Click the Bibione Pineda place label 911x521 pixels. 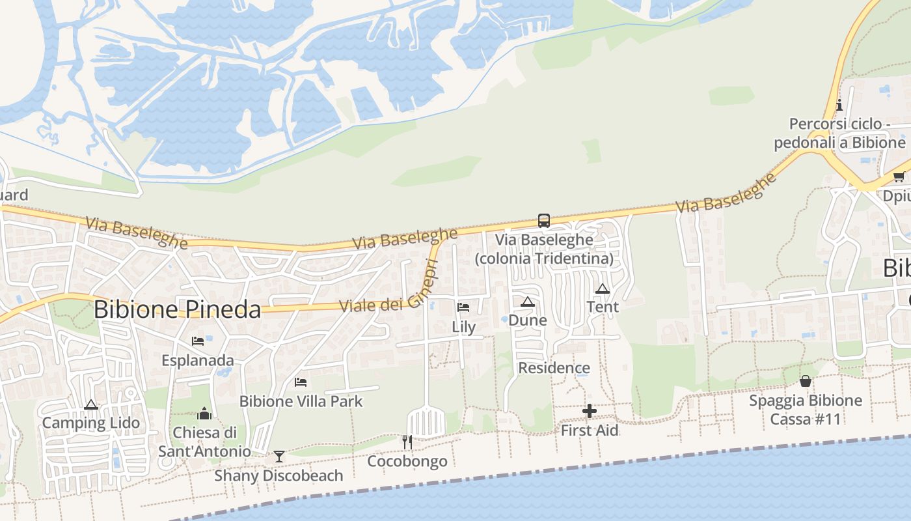coord(177,309)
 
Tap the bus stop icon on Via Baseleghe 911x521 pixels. coord(543,221)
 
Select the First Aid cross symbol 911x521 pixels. coord(590,411)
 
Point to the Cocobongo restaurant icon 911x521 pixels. coord(407,442)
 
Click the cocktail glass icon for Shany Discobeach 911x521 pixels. coord(279,456)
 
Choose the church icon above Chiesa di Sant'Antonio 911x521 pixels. coord(204,414)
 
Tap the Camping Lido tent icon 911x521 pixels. coord(91,404)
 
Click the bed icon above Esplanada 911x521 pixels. coord(198,341)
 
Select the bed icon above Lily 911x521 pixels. coord(463,307)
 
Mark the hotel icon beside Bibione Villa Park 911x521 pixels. coord(301,382)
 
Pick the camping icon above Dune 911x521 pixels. coord(527,302)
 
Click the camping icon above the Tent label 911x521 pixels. coord(603,289)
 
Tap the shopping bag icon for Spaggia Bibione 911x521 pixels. coord(806,381)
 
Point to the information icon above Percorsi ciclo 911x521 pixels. coord(839,105)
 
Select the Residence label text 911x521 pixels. coord(554,368)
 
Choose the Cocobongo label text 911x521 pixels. coord(407,462)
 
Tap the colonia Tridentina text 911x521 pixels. coord(544,259)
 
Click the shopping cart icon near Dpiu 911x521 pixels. coord(899,177)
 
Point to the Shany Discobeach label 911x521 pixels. coord(279,475)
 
